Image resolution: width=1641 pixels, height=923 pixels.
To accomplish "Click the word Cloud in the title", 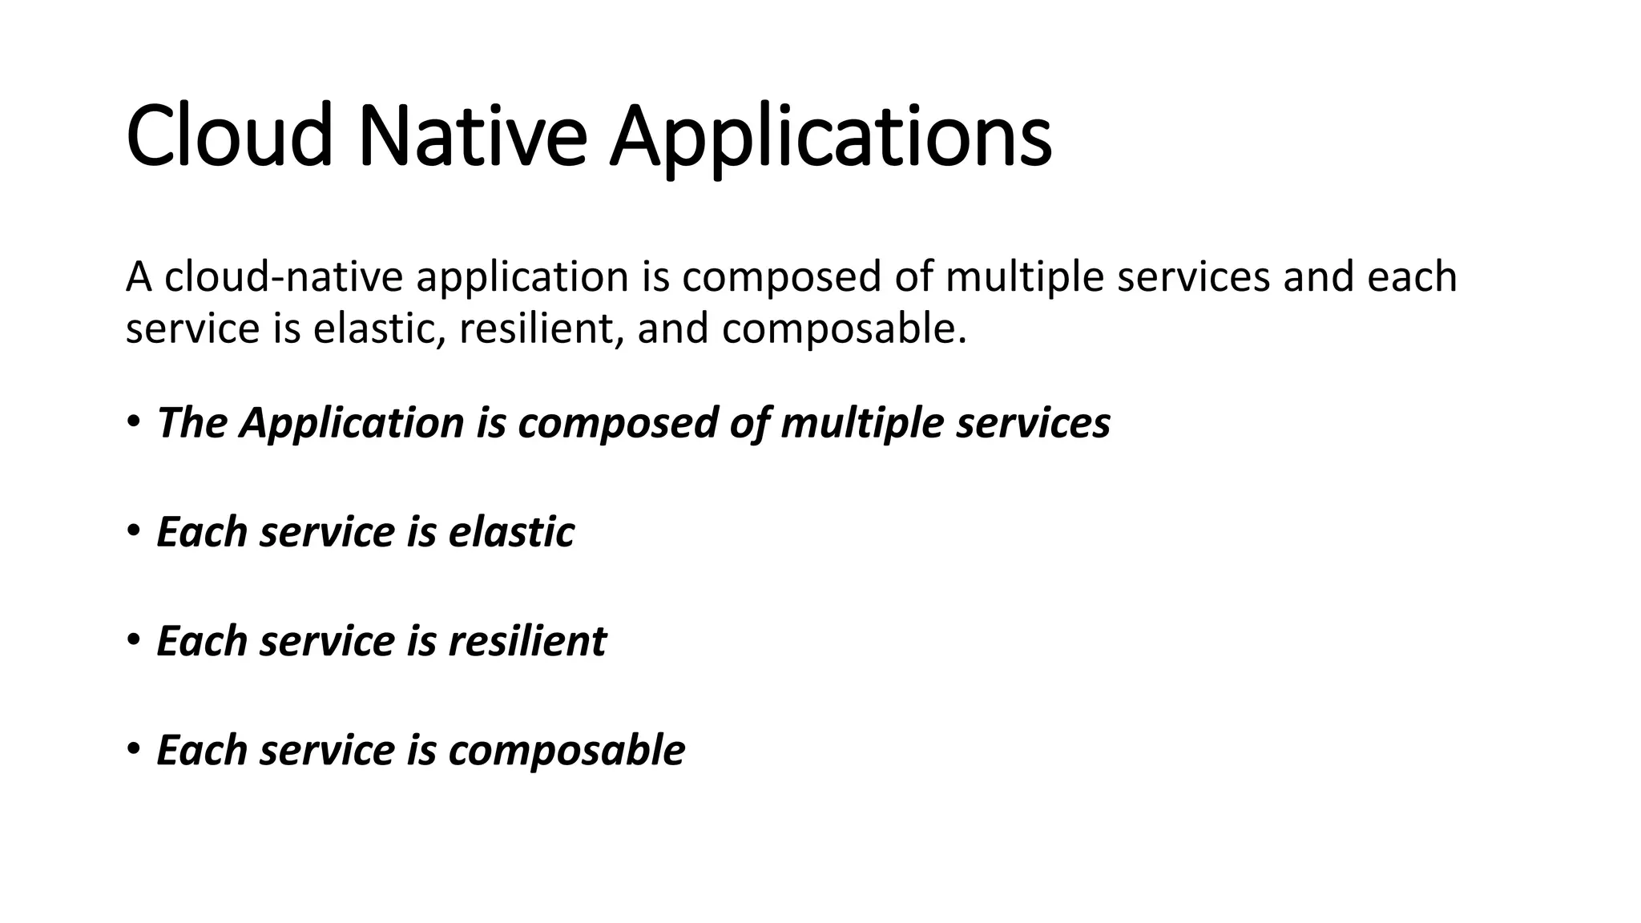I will click(x=229, y=136).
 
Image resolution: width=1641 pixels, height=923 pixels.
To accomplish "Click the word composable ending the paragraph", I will click(x=844, y=329).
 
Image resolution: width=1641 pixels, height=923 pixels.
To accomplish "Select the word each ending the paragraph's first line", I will click(x=1412, y=276).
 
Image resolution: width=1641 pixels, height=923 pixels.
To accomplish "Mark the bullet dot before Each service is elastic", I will click(x=133, y=530).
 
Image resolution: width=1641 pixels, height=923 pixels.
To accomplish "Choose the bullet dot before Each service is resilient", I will click(x=133, y=639).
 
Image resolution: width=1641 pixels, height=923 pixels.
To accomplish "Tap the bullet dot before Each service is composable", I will click(x=133, y=749).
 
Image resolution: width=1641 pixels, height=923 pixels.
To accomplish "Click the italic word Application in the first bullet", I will click(x=352, y=424).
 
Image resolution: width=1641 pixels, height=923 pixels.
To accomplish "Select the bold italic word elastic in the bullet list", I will click(x=511, y=532).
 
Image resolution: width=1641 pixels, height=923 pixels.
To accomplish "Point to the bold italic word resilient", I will click(x=527, y=641).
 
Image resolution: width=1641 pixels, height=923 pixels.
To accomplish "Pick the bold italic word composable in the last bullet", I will click(x=566, y=751).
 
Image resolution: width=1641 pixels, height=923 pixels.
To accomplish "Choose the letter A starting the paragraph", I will click(x=139, y=276).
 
